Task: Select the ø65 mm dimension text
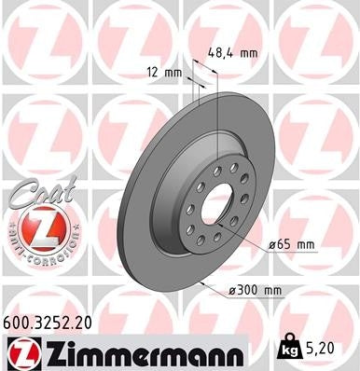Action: (x=291, y=243)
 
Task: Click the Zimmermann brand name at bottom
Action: (x=140, y=353)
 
